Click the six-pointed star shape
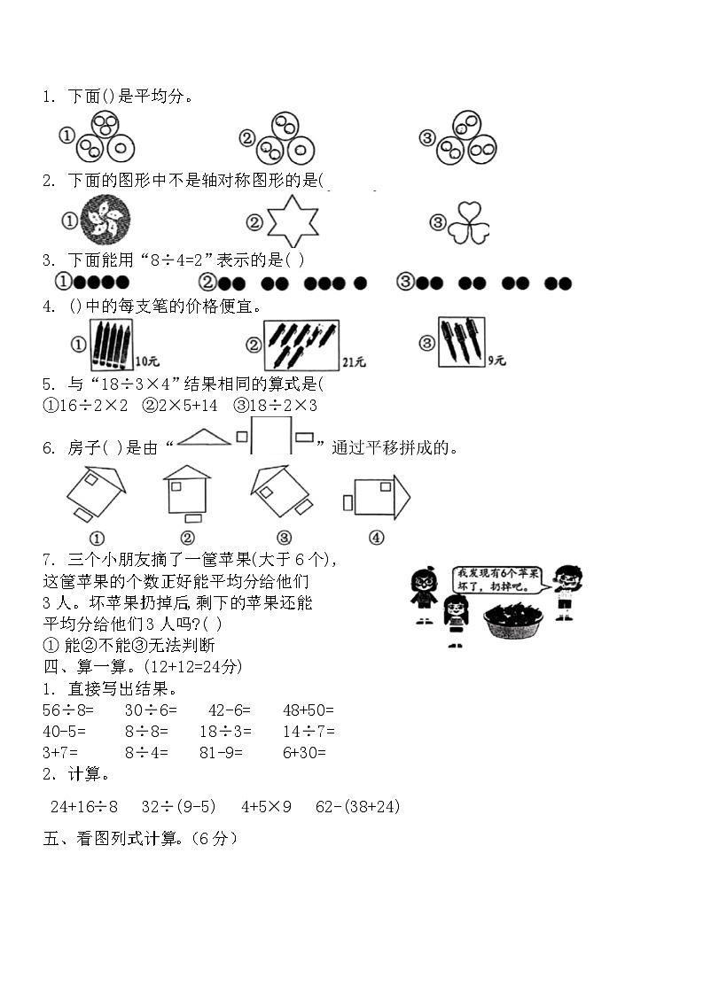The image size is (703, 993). coord(293,221)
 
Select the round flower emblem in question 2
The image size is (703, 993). coord(105,220)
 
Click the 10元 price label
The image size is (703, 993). coord(148,361)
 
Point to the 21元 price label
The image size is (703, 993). coord(354,362)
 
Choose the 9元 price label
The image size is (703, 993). coord(496,361)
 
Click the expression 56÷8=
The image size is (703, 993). coord(68,710)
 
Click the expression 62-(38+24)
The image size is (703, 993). coord(358,806)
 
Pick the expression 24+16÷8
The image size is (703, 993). coord(84,806)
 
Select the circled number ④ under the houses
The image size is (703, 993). coord(376,538)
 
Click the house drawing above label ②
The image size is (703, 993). coord(187,493)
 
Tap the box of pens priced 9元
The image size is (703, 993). coord(461,341)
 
